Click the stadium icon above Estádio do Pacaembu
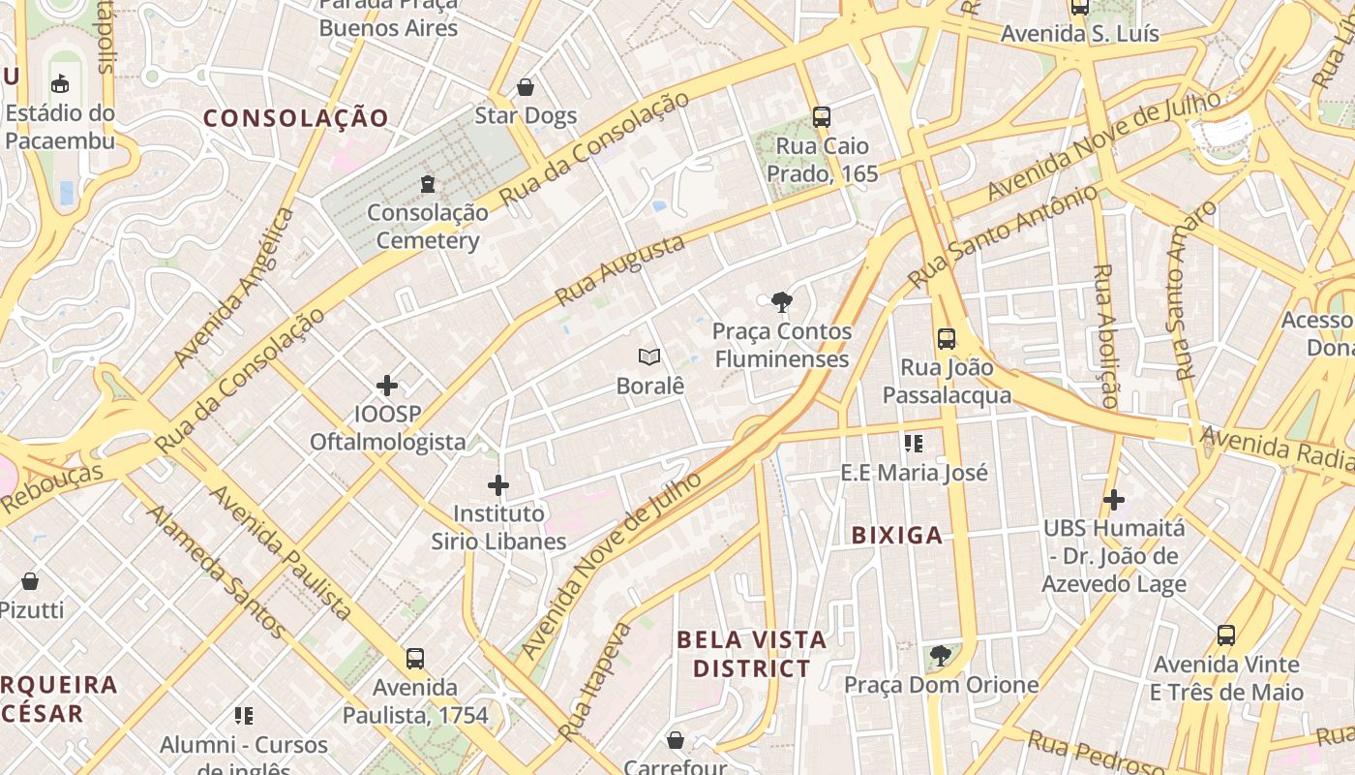pyautogui.click(x=60, y=83)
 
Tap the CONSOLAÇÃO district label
pyautogui.click(x=296, y=118)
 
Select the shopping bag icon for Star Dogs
pyautogui.click(x=526, y=87)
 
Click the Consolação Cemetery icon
pyautogui.click(x=428, y=183)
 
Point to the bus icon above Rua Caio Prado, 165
pyautogui.click(x=821, y=117)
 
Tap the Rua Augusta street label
pyautogui.click(x=619, y=269)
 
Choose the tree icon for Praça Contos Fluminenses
pyautogui.click(x=781, y=302)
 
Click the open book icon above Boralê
pyautogui.click(x=649, y=357)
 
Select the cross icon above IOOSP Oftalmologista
pyautogui.click(x=387, y=386)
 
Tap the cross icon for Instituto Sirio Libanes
pyautogui.click(x=498, y=484)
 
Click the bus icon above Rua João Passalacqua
pyautogui.click(x=947, y=339)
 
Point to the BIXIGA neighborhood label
pyautogui.click(x=897, y=535)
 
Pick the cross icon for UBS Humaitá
pyautogui.click(x=1114, y=500)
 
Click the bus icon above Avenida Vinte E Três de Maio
pyautogui.click(x=1226, y=635)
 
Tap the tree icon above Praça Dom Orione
pyautogui.click(x=940, y=656)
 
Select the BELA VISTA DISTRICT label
pyautogui.click(x=752, y=654)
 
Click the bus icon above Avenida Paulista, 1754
pyautogui.click(x=415, y=659)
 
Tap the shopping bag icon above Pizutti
pyautogui.click(x=30, y=581)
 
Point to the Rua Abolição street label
pyautogui.click(x=1105, y=334)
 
